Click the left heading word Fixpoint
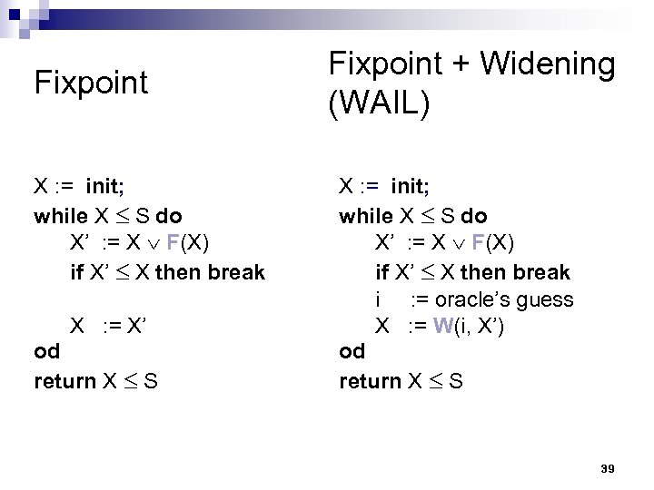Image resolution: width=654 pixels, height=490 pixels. click(x=90, y=83)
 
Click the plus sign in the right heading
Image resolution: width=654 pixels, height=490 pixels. click(x=461, y=66)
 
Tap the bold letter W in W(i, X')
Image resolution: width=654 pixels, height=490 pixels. click(x=442, y=326)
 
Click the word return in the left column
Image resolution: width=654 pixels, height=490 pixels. click(x=64, y=380)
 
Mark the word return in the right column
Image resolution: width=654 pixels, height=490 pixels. click(x=370, y=380)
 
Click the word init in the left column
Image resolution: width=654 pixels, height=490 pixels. click(x=104, y=188)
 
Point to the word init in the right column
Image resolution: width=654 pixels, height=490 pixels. click(x=410, y=188)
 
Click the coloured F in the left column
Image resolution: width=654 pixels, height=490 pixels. click(x=173, y=244)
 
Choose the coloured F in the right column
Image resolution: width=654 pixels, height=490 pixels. click(x=478, y=244)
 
